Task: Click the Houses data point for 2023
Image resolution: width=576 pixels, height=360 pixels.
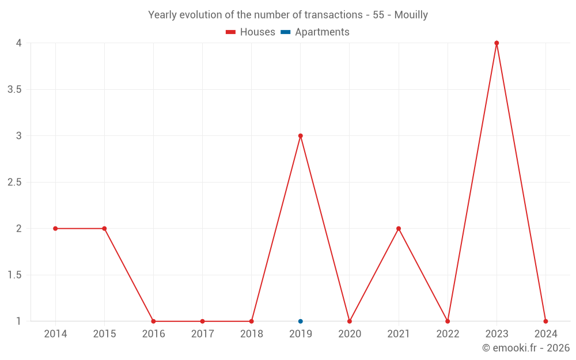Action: tap(497, 43)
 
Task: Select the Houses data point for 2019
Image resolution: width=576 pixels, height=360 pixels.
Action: tap(301, 136)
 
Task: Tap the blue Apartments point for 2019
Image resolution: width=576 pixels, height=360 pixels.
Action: tap(301, 321)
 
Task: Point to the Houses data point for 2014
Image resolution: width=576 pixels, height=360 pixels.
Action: tap(55, 229)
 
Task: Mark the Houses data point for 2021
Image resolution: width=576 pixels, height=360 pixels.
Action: tap(399, 229)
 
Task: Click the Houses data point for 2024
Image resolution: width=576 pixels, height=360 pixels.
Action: tap(545, 321)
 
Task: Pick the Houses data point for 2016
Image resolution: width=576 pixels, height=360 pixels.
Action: tap(153, 321)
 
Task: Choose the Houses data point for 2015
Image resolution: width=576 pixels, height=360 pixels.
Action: tap(104, 229)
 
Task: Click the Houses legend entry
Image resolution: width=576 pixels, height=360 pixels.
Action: tap(251, 32)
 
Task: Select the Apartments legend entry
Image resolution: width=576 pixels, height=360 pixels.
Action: tap(315, 32)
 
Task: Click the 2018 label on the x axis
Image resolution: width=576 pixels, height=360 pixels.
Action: tap(251, 334)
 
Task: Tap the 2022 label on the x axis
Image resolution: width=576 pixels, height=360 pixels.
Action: tap(448, 334)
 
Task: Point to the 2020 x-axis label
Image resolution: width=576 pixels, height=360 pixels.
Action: tap(350, 334)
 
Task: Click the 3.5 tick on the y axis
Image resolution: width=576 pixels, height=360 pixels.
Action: tap(15, 89)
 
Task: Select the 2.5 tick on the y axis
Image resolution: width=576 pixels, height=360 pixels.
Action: tap(15, 182)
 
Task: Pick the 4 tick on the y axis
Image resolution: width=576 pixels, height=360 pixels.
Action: tap(19, 43)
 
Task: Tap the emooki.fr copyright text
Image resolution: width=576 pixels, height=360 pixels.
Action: tap(526, 348)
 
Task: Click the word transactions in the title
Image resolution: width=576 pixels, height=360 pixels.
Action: tap(333, 15)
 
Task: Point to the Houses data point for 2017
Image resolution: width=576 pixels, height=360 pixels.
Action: tap(202, 321)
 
